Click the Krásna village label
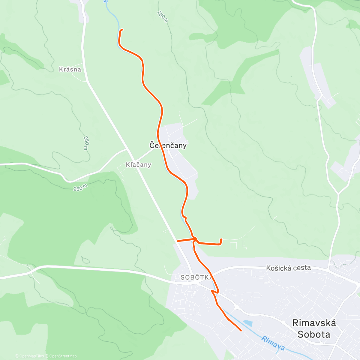coord(70,69)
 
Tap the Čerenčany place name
coord(168,145)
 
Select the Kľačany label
coord(138,165)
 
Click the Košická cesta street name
coord(288,268)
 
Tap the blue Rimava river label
coord(273,343)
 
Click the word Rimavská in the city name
coord(314,323)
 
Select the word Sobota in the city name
coord(314,334)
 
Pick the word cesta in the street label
coord(301,268)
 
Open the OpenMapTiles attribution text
coord(31,356)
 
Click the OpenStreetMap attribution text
coord(63,356)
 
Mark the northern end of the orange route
coord(122,29)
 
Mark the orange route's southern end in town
coord(241,330)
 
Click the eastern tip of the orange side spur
coord(221,240)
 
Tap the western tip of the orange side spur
coord(178,241)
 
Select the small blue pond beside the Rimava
coord(248,323)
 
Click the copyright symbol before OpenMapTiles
coord(16,356)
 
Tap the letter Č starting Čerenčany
coord(152,145)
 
